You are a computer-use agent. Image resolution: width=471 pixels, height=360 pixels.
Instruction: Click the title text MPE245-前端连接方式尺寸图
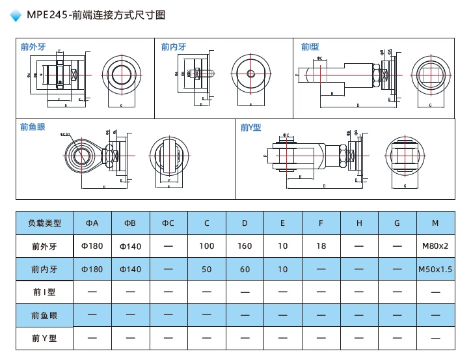coord(96,14)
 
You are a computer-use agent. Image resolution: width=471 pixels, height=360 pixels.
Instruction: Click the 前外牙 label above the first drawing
coord(33,47)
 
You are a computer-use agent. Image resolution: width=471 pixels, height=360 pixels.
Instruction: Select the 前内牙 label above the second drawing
coord(174,47)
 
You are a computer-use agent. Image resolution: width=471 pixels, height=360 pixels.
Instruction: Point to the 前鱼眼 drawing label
coord(33,127)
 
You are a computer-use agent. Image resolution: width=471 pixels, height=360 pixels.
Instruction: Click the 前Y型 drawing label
coord(250,128)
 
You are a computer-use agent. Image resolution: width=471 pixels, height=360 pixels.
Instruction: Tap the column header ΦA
coord(92,223)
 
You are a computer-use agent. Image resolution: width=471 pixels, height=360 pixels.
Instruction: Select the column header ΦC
coord(168,223)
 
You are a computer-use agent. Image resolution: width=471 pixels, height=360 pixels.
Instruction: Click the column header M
coord(435,223)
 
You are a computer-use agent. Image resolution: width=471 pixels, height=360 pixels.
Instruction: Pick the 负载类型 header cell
coord(45,223)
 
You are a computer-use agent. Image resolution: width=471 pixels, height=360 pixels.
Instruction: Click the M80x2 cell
coord(435,246)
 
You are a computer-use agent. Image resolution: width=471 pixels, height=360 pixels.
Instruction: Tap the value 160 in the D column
coord(245,246)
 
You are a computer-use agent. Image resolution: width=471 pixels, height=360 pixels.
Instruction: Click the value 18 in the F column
coord(321,246)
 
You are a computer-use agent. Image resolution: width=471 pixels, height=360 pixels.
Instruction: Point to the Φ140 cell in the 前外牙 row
coord(130,246)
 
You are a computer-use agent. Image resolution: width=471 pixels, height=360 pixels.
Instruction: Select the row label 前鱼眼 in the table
coord(45,315)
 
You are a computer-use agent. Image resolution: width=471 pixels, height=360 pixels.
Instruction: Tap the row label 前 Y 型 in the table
coord(45,339)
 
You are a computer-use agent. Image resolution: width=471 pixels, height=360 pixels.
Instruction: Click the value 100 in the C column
coord(207,246)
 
